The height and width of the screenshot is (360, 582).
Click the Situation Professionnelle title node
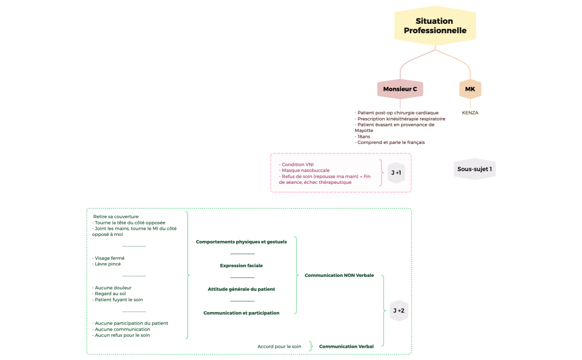(x=435, y=26)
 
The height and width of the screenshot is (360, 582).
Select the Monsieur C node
(x=400, y=89)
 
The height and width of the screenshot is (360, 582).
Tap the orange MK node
(x=470, y=89)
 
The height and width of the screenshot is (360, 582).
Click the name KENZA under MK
(x=470, y=113)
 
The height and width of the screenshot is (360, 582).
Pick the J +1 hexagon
(x=396, y=173)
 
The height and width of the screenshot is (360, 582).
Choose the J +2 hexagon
(x=399, y=311)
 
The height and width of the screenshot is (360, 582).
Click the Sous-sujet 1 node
(x=474, y=169)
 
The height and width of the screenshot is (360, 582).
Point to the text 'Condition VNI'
(x=297, y=164)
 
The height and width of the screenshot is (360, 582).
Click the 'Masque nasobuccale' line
(x=305, y=171)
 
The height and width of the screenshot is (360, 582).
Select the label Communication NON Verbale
(x=339, y=275)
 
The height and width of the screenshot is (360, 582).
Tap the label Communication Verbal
(x=346, y=347)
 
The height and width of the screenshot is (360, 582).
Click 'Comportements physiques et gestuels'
(x=242, y=242)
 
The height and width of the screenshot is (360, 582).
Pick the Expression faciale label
(x=242, y=266)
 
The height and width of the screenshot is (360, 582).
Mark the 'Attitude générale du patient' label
(x=242, y=289)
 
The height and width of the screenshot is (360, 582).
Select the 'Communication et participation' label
(x=242, y=313)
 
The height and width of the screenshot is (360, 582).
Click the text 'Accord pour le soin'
(x=279, y=347)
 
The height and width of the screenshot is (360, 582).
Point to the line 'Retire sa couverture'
(x=116, y=217)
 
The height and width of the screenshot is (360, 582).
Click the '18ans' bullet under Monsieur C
(x=364, y=136)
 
